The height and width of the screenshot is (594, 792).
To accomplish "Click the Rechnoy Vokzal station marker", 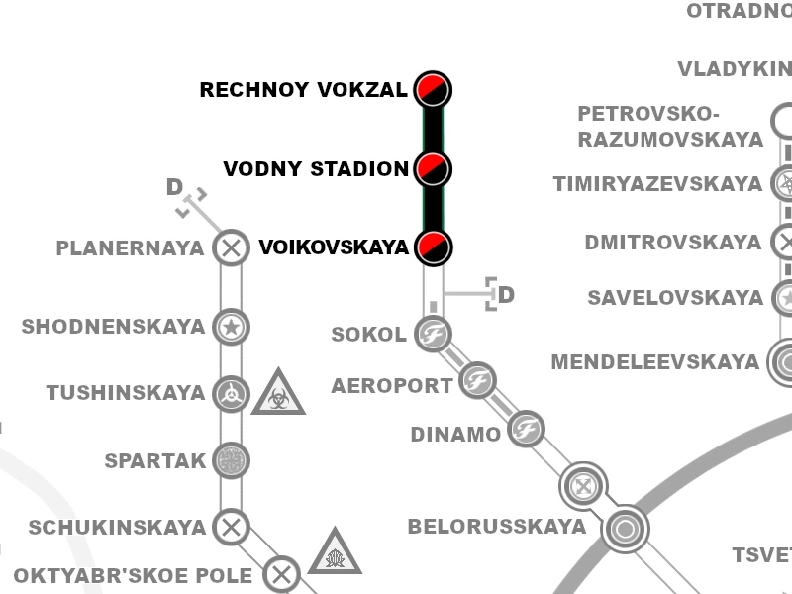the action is pyautogui.click(x=433, y=90).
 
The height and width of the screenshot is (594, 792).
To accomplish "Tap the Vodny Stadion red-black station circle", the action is pyautogui.click(x=433, y=169).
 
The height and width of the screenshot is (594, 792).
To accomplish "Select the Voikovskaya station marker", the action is pyautogui.click(x=433, y=247).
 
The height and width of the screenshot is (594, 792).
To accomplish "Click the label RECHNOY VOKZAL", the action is pyautogui.click(x=303, y=91).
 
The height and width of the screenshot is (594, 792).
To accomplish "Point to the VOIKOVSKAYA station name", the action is pyautogui.click(x=334, y=247).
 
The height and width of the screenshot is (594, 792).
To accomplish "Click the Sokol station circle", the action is pyautogui.click(x=433, y=334).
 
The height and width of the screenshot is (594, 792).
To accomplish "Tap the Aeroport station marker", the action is pyautogui.click(x=478, y=380).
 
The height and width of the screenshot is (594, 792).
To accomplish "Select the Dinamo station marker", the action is pyautogui.click(x=526, y=429).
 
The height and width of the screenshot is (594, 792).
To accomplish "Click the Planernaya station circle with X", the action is pyautogui.click(x=231, y=247).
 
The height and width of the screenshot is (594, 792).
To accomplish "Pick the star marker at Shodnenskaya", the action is pyautogui.click(x=231, y=327).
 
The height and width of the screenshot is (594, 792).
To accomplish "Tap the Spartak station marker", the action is pyautogui.click(x=231, y=460).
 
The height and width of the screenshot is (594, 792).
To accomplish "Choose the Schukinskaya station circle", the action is pyautogui.click(x=231, y=527).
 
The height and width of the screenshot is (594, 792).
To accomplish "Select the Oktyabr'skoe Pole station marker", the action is pyautogui.click(x=282, y=574).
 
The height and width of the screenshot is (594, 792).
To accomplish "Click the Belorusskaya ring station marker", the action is pyautogui.click(x=626, y=529).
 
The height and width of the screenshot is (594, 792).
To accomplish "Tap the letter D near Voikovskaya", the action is pyautogui.click(x=506, y=295).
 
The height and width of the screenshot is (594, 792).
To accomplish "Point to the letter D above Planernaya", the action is pyautogui.click(x=174, y=187).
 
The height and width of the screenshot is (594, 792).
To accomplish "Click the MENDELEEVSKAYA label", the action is pyautogui.click(x=654, y=363).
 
